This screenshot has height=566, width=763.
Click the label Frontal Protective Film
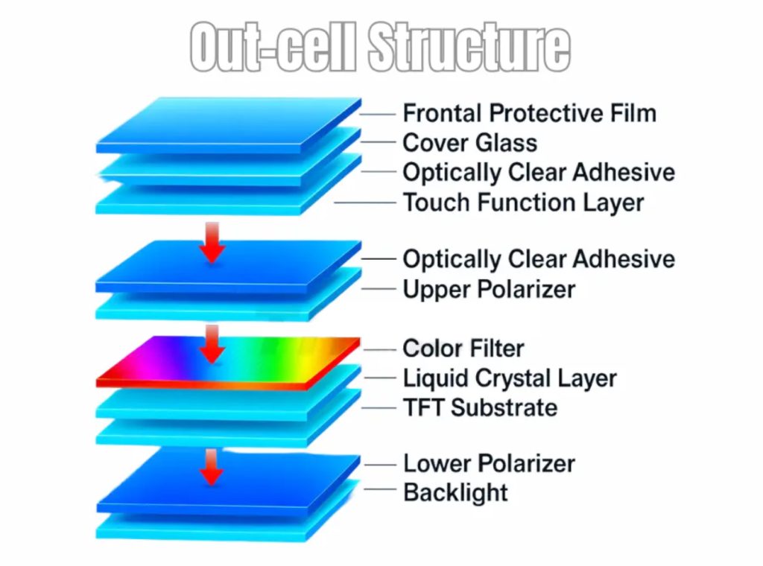point(529,113)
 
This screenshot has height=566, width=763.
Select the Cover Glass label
point(469,142)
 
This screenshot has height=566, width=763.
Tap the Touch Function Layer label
point(523,202)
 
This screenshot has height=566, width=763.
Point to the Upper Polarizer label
point(489,289)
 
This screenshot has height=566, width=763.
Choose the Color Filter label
point(463,348)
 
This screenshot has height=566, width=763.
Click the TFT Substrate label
point(480,407)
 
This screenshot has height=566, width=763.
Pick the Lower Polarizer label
point(489,463)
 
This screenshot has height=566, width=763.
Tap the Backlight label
point(455,492)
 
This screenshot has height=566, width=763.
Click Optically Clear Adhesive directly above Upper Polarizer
point(539,259)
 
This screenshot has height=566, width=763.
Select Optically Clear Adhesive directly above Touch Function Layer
point(539,172)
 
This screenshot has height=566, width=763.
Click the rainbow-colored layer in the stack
point(224,361)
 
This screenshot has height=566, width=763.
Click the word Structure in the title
point(469,46)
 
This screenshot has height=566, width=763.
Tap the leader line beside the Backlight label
point(378,490)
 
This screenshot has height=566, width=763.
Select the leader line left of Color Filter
point(378,349)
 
